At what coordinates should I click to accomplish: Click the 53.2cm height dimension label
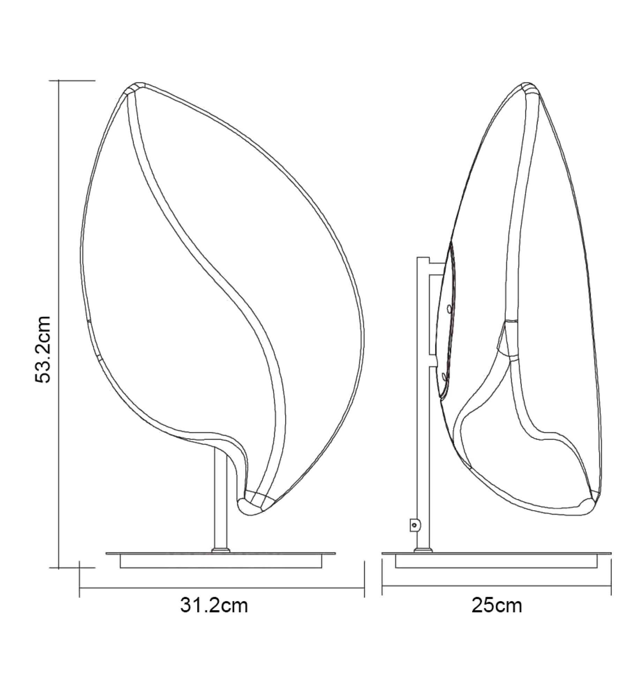pyautogui.click(x=43, y=350)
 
